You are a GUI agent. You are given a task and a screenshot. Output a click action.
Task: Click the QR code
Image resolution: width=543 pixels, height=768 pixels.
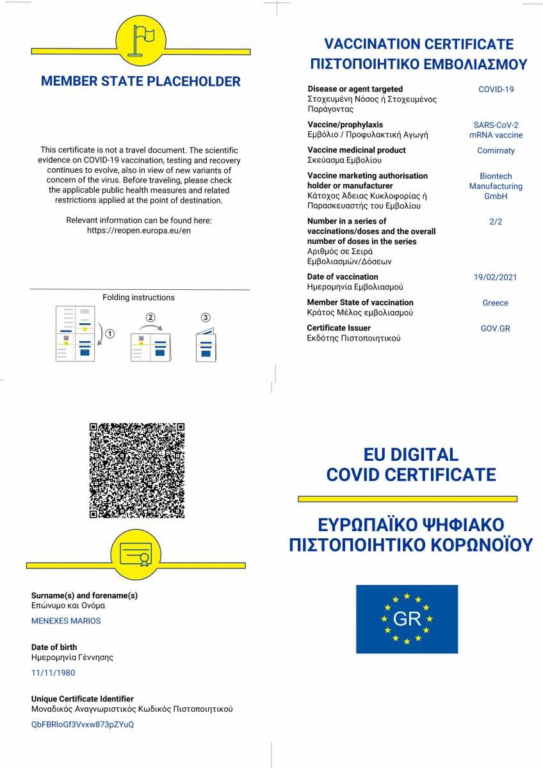point(137,470)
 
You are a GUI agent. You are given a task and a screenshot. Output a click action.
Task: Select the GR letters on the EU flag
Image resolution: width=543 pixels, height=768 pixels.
point(407,619)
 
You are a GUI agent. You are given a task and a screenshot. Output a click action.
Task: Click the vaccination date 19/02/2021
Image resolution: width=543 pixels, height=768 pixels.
point(495,277)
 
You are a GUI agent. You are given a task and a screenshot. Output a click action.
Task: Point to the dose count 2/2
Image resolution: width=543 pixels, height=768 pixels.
point(495,221)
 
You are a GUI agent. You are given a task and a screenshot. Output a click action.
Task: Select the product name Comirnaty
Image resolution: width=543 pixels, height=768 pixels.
point(496,150)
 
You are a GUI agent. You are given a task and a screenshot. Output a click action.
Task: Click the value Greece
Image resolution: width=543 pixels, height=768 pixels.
point(495,303)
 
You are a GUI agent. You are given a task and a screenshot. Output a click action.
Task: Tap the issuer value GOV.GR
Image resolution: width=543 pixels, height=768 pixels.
point(495,328)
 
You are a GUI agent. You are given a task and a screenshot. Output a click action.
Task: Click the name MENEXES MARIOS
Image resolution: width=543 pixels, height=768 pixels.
point(66,621)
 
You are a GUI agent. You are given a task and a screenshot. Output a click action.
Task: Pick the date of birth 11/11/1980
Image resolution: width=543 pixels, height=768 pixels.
point(53,673)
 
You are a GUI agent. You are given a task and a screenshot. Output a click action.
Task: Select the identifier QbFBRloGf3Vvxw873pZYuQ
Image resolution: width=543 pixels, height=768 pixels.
point(83,724)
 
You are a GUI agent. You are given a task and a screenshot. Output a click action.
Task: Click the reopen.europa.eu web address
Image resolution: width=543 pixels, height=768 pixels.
point(139,230)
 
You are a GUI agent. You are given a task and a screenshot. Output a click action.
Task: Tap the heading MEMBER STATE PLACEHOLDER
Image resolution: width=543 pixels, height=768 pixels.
point(141,82)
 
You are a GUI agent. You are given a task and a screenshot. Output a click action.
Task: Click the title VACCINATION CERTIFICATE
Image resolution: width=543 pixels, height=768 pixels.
point(419,44)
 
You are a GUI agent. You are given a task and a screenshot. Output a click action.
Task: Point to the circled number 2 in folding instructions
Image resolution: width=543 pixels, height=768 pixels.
point(150,317)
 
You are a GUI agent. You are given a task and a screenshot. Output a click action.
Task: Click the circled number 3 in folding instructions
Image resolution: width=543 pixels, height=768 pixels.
point(205,317)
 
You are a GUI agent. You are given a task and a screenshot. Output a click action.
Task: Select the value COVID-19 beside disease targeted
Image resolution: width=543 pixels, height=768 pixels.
point(496,90)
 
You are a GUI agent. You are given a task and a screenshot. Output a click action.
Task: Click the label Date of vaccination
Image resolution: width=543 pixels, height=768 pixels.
point(342,276)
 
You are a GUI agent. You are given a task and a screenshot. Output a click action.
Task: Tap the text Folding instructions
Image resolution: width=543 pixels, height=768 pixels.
point(138,298)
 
